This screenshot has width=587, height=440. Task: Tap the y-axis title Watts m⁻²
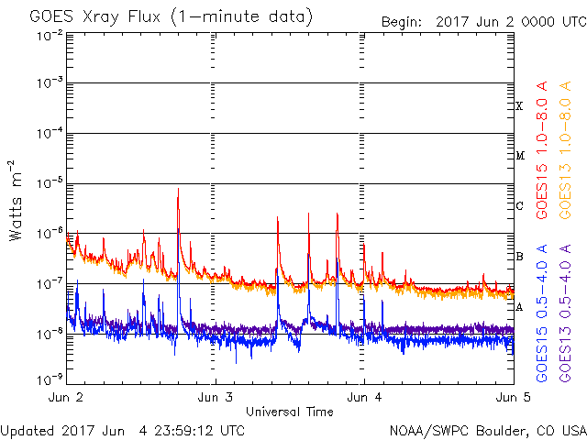coord(17,200)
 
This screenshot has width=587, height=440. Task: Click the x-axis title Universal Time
coord(289,412)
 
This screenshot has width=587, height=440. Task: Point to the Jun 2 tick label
coord(67,398)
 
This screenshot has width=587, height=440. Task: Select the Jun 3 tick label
coord(215,398)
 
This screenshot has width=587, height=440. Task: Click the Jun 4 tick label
coord(363,398)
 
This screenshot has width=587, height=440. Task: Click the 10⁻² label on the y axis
coord(50,35)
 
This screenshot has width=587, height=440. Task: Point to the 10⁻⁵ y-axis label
coord(50,184)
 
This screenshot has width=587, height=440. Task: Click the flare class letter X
coord(519,106)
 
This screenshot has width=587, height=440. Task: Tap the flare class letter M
coord(519,156)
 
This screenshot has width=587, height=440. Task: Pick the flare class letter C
coord(519,206)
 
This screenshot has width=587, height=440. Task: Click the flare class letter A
coord(519,307)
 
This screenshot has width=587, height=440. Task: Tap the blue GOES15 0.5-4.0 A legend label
coord(543,312)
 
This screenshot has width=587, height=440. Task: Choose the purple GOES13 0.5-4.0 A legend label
coord(566,312)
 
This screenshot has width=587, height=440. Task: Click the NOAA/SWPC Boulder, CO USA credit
coord(486,430)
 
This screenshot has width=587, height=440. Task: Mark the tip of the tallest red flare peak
coord(178,189)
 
